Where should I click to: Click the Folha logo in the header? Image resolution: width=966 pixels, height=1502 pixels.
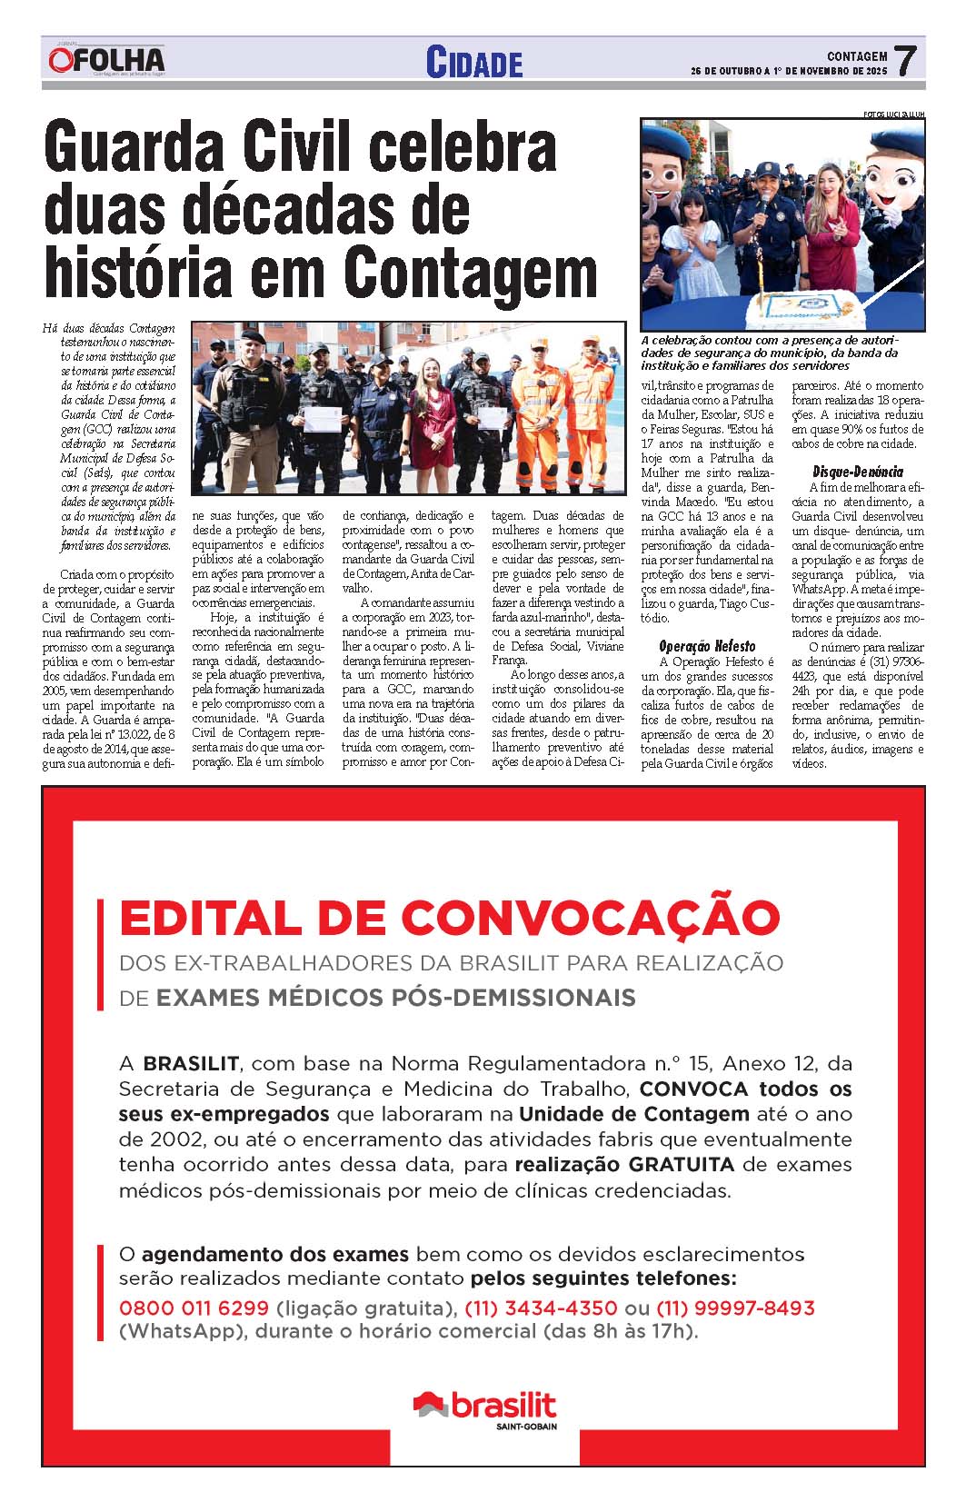click(107, 61)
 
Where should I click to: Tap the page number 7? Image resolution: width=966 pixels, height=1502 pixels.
click(904, 62)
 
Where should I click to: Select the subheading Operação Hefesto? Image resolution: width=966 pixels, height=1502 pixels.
click(706, 646)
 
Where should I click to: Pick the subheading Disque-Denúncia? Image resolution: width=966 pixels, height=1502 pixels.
click(857, 472)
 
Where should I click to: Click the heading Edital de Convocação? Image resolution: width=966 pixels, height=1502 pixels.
click(449, 918)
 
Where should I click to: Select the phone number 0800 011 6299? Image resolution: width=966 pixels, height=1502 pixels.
click(194, 1308)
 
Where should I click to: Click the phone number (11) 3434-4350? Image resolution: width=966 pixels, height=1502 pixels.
click(541, 1308)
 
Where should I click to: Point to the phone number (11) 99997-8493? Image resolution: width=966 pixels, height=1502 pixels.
click(734, 1308)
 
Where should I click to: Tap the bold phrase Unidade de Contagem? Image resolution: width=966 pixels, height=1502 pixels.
click(633, 1113)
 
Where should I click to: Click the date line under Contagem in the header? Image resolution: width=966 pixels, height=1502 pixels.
click(788, 71)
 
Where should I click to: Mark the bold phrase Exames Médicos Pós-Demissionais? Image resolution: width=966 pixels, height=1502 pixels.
click(395, 998)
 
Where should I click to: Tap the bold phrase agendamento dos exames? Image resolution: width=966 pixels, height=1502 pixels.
click(274, 1254)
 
